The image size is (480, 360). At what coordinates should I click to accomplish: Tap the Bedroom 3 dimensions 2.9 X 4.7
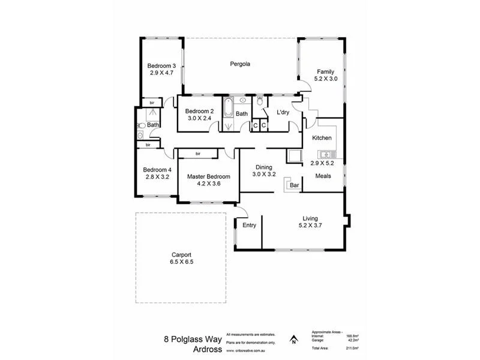click(x=161, y=73)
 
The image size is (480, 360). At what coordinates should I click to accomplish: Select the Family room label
click(x=326, y=71)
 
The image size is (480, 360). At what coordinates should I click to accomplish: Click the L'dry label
click(x=283, y=112)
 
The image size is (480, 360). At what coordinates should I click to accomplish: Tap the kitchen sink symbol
click(x=325, y=154)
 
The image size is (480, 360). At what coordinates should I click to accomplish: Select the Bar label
click(x=294, y=185)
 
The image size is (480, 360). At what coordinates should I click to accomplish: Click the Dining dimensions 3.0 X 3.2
click(x=264, y=175)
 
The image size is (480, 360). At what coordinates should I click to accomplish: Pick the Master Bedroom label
click(x=208, y=176)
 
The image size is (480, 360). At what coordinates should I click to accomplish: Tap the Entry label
click(x=249, y=226)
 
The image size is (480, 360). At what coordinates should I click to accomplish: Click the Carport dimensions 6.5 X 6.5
click(x=181, y=262)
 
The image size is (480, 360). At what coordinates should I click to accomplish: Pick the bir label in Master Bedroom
click(x=197, y=154)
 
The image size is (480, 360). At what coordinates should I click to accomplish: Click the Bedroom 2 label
click(x=199, y=111)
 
